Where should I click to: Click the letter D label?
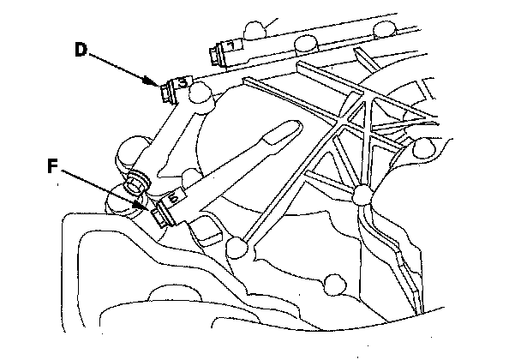click(x=80, y=49)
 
